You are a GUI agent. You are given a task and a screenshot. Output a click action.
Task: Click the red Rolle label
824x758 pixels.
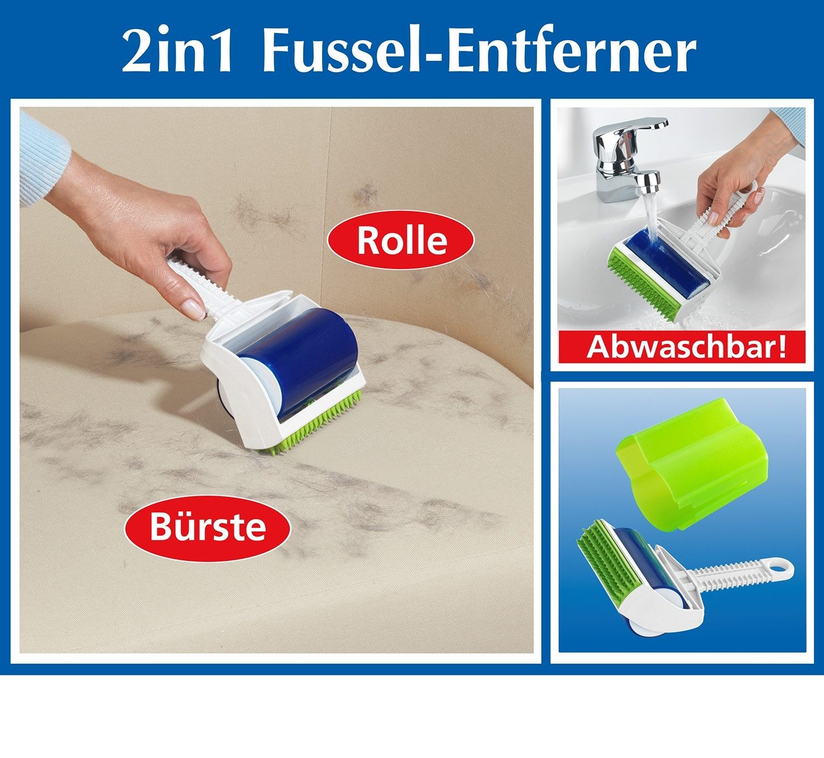pyautogui.click(x=401, y=240)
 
